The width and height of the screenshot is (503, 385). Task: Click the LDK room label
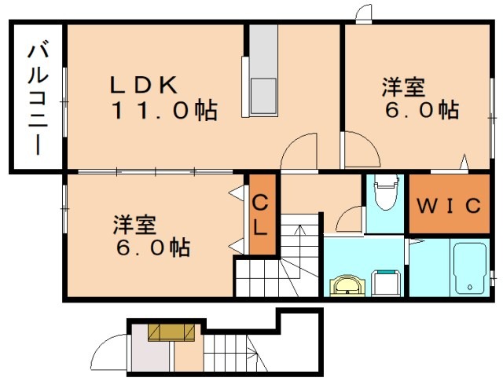pyautogui.click(x=147, y=84)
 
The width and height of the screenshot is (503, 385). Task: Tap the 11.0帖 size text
pyautogui.click(x=163, y=111)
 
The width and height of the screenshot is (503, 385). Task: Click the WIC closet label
pyautogui.click(x=447, y=206)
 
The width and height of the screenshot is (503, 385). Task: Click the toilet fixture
pyautogui.click(x=385, y=196)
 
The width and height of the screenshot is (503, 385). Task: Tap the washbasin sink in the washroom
pyautogui.click(x=347, y=284)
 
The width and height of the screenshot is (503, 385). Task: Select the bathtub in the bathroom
pyautogui.click(x=470, y=268)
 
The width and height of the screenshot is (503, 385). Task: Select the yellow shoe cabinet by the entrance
pyautogui.click(x=171, y=332)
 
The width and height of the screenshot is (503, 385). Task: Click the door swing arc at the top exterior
pyautogui.click(x=364, y=13)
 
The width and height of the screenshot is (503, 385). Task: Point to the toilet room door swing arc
pyautogui.click(x=351, y=216)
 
